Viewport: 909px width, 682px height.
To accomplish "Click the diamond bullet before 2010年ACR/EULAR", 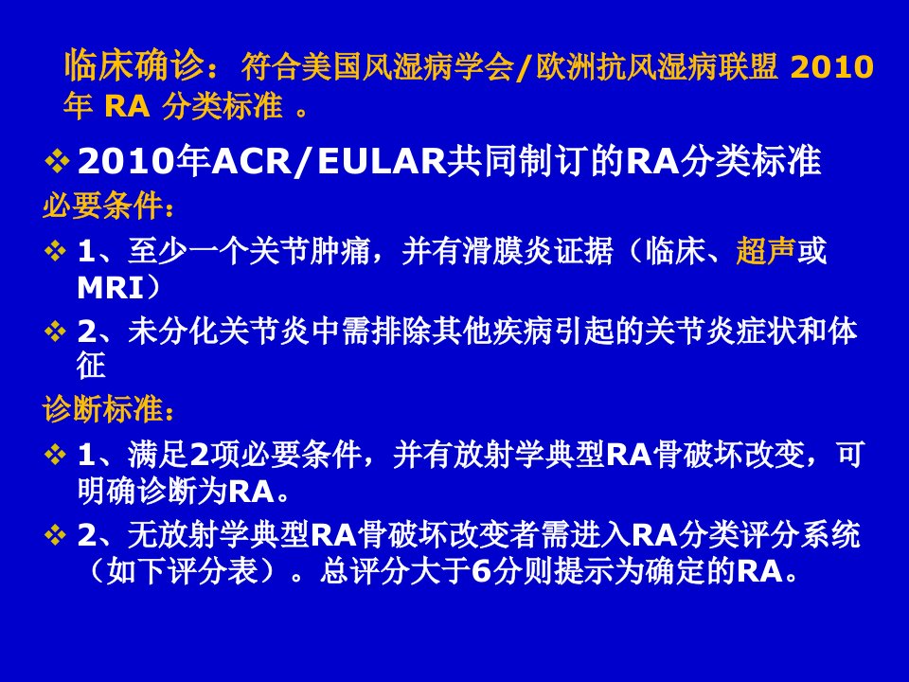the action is click(x=57, y=161).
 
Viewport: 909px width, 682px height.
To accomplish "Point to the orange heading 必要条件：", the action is click(x=108, y=206).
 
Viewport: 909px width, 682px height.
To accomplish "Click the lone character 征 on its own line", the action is click(x=92, y=366).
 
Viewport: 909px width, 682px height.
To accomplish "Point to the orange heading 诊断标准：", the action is click(x=108, y=409).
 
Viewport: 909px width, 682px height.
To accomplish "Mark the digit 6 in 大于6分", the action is click(x=482, y=571).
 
